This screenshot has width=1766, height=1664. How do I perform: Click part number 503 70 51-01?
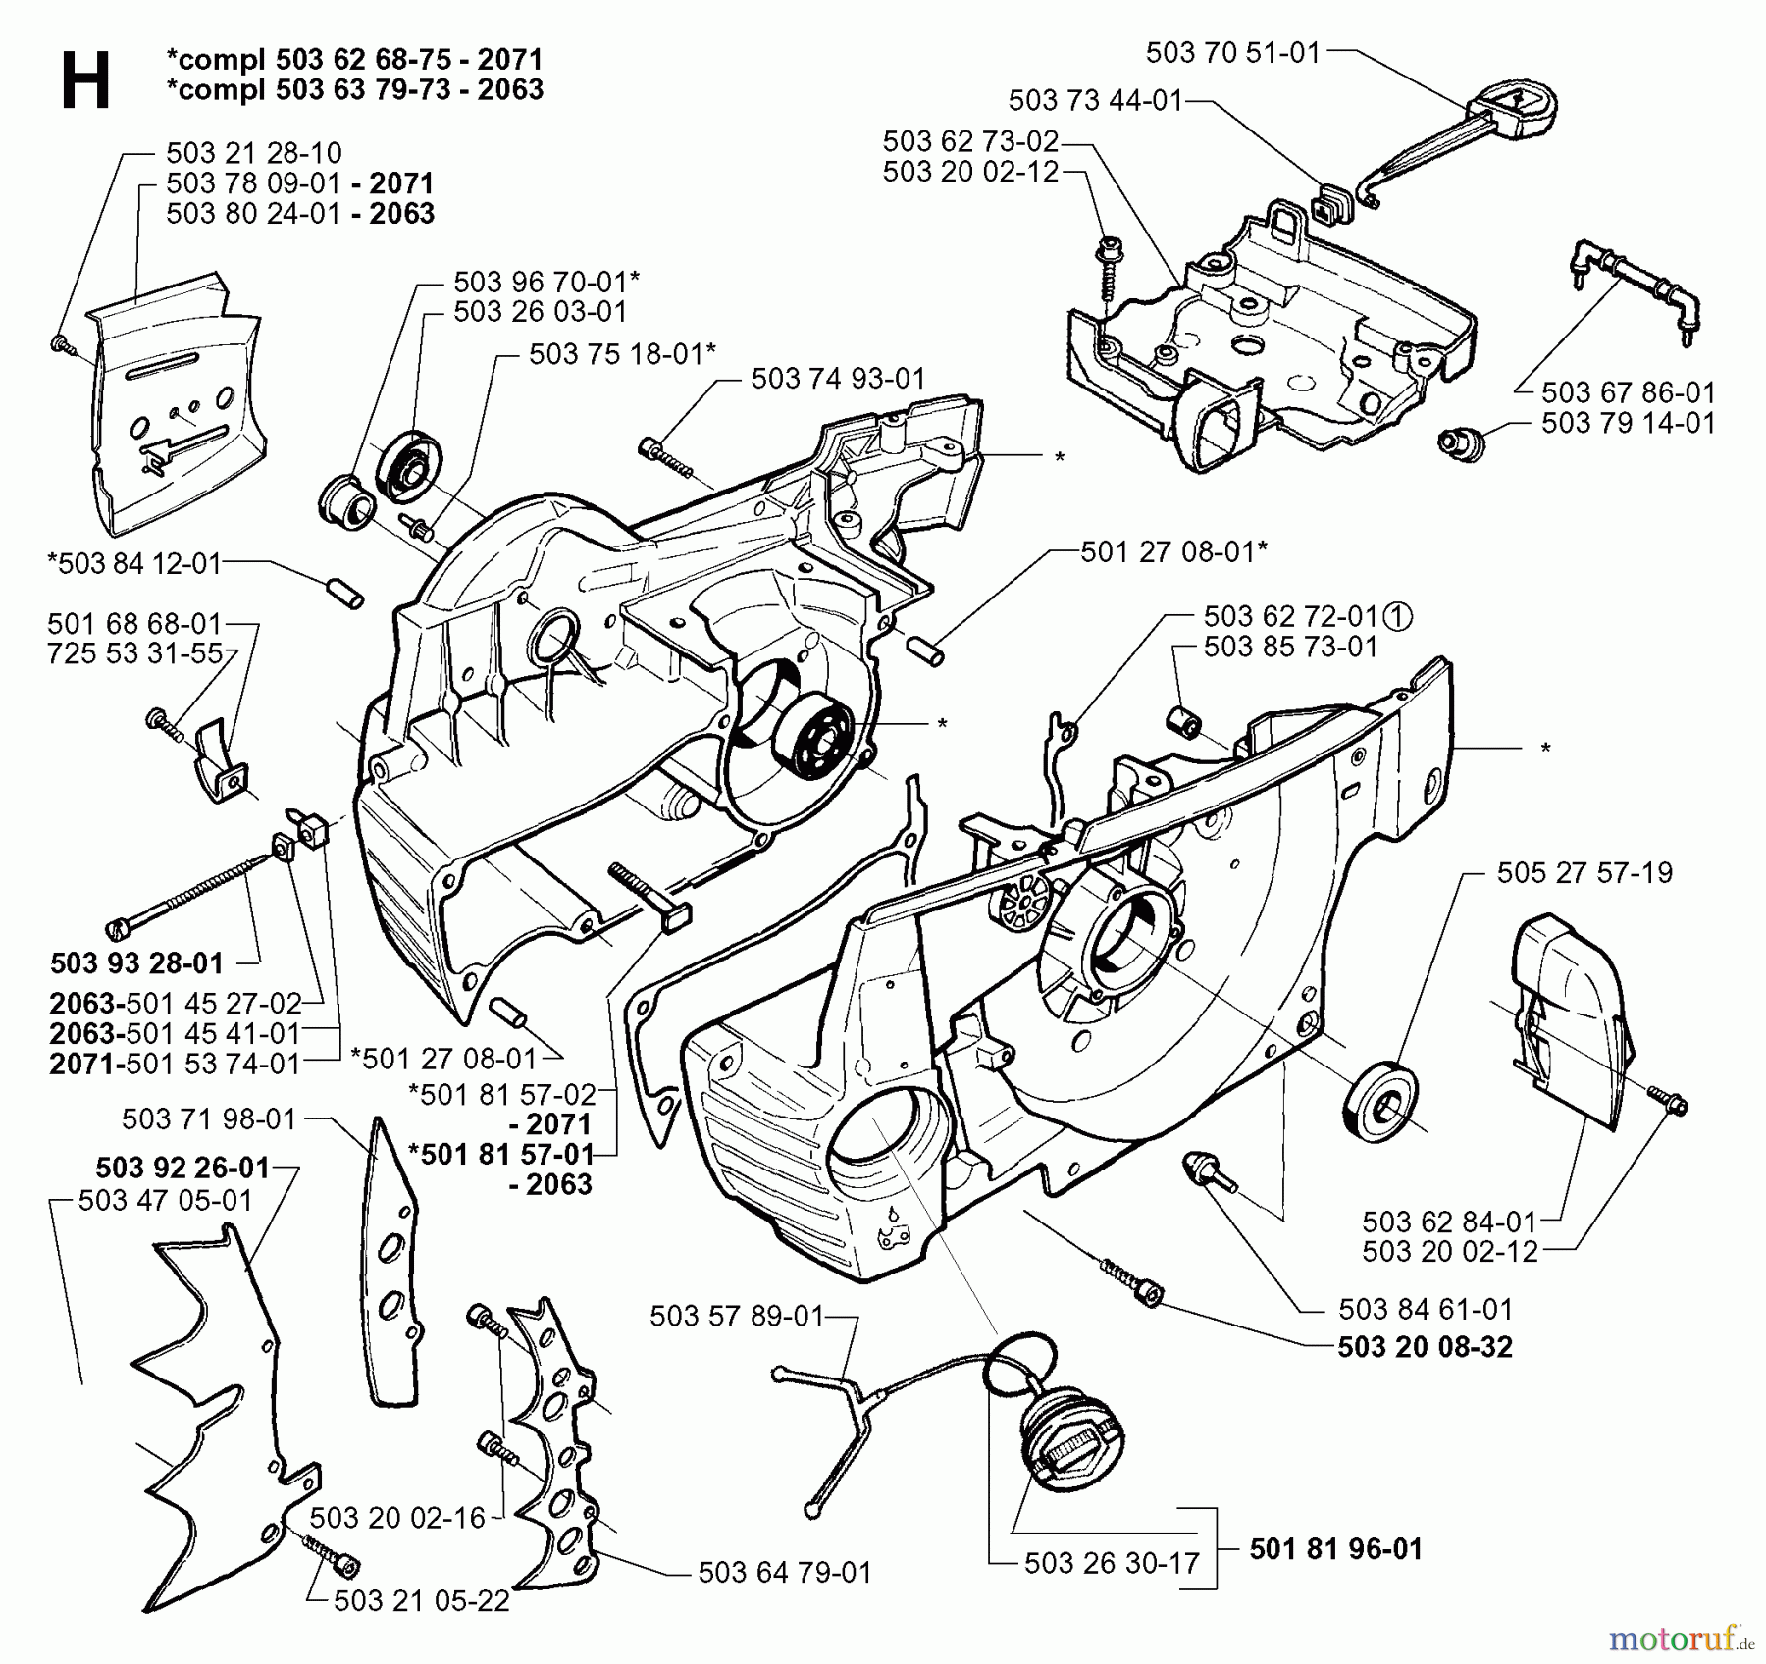pos(1233,53)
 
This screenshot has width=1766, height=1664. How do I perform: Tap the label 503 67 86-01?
pos(1628,392)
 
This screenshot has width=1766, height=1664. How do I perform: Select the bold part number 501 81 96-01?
pos(1335,1548)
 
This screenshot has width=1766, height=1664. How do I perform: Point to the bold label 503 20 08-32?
pos(1425,1346)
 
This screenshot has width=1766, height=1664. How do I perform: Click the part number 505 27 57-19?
pos(1584,872)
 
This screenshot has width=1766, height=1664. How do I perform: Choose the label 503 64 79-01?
pos(784,1572)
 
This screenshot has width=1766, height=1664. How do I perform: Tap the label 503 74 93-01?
pos(838,379)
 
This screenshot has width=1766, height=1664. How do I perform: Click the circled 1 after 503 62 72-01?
pos(1398,616)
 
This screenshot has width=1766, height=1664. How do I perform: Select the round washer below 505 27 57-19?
pos(1381,1104)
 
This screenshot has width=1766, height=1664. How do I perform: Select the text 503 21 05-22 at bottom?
pos(422,1601)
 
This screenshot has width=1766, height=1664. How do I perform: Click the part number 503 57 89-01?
pos(736,1316)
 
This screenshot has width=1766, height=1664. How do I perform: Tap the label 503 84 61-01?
pos(1426,1309)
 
